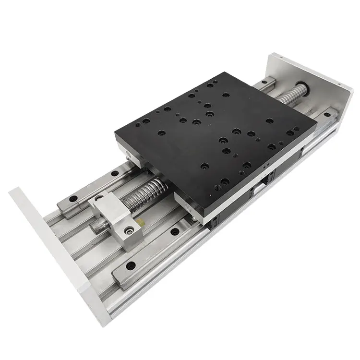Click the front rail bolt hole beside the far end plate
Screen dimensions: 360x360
coord(328,114)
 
